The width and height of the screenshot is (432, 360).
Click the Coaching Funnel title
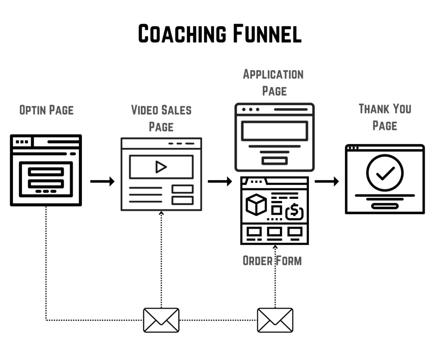220,34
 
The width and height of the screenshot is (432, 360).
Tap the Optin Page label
46,111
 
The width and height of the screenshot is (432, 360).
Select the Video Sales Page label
161,118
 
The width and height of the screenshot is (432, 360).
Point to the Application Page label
273,83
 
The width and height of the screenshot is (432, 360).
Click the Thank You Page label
385,117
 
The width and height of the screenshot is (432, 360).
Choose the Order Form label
272,260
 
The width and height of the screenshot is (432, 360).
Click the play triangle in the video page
161,167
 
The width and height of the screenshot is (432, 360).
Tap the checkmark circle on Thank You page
385,173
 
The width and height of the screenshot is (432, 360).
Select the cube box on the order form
256,204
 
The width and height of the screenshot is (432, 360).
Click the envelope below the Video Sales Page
161,320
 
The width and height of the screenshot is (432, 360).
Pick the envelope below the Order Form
275,320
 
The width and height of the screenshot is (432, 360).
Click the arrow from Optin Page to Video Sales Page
103,181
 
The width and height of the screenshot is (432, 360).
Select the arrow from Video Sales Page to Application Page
220,181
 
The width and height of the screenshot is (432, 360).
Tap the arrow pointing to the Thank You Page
327,181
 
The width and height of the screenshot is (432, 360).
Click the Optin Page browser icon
46,170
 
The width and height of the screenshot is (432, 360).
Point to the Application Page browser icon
274,137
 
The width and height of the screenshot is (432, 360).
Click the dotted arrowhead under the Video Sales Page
161,213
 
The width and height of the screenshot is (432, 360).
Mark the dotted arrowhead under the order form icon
275,247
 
